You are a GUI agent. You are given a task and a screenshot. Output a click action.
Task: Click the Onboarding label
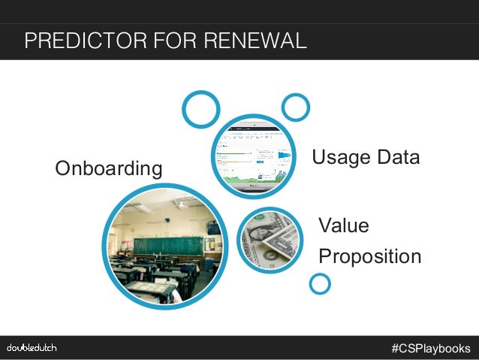coord(108,169)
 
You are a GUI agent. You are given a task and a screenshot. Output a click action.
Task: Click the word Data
coord(399,158)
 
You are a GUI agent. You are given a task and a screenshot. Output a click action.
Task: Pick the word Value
coord(344,225)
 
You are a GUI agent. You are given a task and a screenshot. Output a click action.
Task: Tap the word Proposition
coord(369,256)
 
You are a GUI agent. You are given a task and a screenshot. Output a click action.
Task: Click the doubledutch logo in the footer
coord(32,348)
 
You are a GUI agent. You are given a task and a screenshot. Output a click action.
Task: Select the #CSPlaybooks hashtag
coord(430,348)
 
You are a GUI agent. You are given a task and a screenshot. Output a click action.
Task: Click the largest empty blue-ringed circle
coord(200,110)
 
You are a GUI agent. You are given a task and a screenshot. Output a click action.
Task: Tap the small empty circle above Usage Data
coord(295,107)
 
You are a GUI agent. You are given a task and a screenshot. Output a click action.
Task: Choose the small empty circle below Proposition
coord(320,283)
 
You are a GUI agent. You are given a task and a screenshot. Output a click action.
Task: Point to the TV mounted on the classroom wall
coord(213,228)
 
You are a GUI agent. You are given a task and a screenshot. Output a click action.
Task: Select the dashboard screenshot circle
coord(253,156)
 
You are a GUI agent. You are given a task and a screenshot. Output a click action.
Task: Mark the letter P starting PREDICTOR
coord(31,40)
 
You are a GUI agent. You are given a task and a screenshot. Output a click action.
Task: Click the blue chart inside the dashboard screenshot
coord(285,156)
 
